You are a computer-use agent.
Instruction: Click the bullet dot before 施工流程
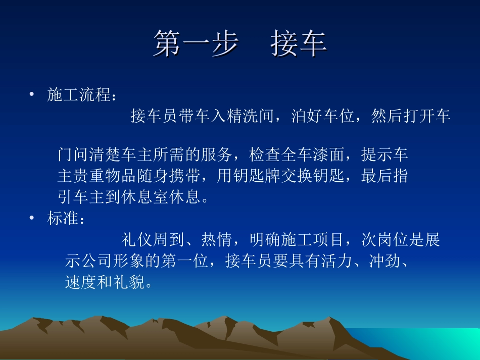[32, 94]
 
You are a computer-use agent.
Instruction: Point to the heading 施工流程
[79, 95]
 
